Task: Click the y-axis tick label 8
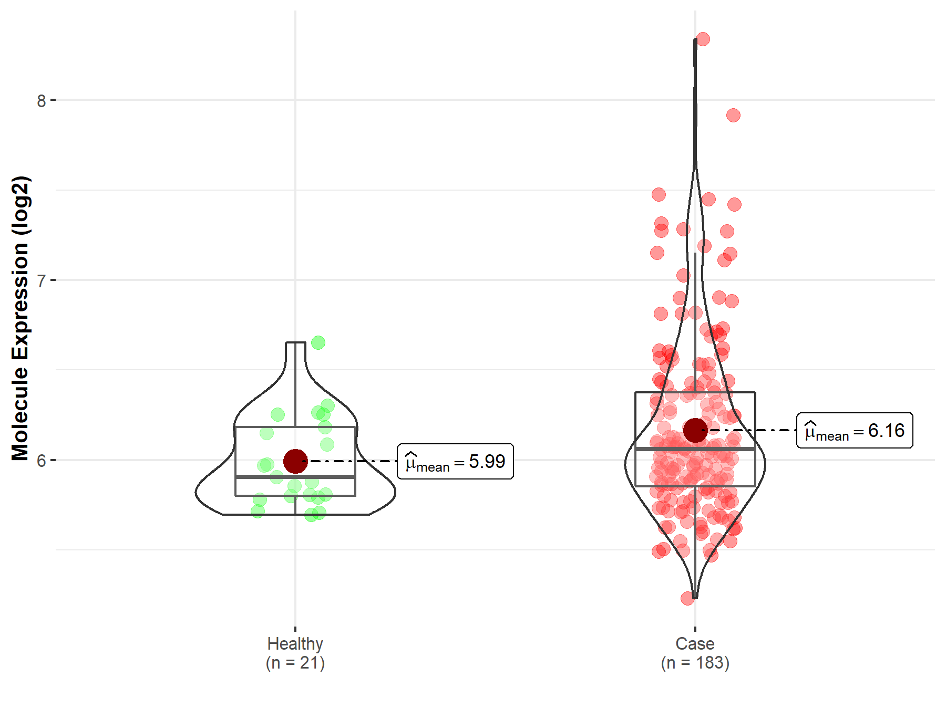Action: [x=42, y=100]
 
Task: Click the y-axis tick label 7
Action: [x=42, y=280]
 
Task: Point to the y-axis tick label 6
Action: [x=42, y=461]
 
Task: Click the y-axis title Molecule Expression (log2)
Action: [x=20, y=318]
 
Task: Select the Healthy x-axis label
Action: [x=295, y=643]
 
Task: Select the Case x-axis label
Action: [x=695, y=643]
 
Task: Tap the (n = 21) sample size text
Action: [x=295, y=663]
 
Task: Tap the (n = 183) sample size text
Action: [x=695, y=663]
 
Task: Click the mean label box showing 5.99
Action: [x=455, y=462]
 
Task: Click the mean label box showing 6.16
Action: [x=855, y=431]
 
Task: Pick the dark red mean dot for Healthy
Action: [x=295, y=461]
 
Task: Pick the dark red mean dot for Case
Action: [x=695, y=430]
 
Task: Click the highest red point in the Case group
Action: [x=703, y=39]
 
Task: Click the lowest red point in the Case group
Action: [x=687, y=598]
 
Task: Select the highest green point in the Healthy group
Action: [x=318, y=343]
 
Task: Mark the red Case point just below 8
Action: [x=733, y=115]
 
